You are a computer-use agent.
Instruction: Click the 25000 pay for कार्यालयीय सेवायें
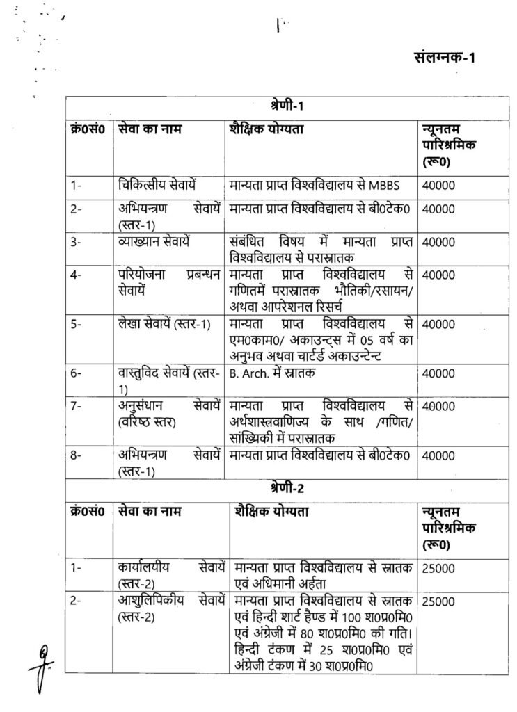pos(438,569)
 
